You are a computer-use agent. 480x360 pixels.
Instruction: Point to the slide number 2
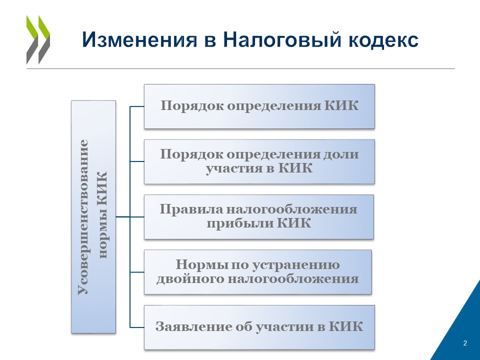[465, 343]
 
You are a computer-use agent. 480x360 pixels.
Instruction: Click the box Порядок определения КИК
[259, 106]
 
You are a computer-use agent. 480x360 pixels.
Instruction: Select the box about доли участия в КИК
[259, 161]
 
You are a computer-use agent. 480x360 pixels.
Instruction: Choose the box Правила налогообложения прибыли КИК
[259, 216]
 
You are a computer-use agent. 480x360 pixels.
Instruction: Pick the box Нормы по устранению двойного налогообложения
[258, 272]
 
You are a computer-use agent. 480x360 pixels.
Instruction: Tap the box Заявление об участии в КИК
[259, 327]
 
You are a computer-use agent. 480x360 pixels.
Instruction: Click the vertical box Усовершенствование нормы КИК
[93, 216]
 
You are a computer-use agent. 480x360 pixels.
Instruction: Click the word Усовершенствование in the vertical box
[83, 216]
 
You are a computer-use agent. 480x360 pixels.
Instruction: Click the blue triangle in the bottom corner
[457, 330]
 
